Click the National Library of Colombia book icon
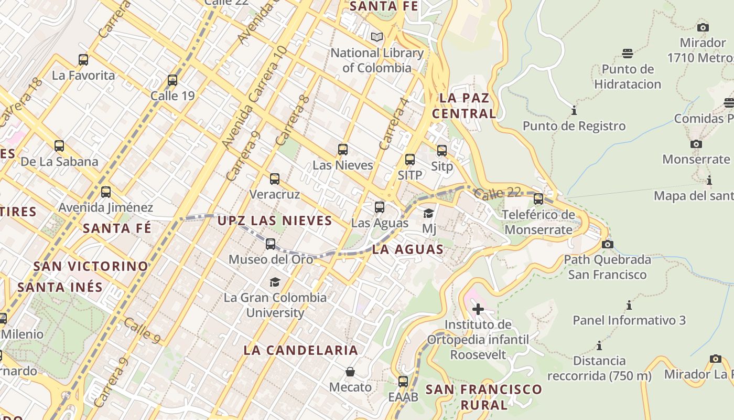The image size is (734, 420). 376,37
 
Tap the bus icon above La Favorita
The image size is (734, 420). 83,59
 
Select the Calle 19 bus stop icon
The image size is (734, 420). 172,80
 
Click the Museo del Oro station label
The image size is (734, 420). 271,259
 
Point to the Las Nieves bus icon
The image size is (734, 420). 343,150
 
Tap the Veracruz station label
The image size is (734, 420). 275,194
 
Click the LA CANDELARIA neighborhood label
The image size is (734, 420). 301,350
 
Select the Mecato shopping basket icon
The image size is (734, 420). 350,372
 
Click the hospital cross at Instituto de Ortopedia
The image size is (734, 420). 478,309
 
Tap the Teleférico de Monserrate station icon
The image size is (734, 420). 538,199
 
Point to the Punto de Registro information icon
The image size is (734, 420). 574,111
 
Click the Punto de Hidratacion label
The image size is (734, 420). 628,77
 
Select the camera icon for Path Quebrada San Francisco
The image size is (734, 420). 608,244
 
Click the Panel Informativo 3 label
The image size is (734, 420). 629,320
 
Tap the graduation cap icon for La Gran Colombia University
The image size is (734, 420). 275,282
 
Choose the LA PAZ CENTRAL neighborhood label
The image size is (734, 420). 464,106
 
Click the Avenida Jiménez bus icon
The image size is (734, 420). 106,192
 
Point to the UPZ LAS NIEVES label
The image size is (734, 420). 275,220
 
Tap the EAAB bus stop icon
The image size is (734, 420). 403,382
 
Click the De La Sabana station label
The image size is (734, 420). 59,161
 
